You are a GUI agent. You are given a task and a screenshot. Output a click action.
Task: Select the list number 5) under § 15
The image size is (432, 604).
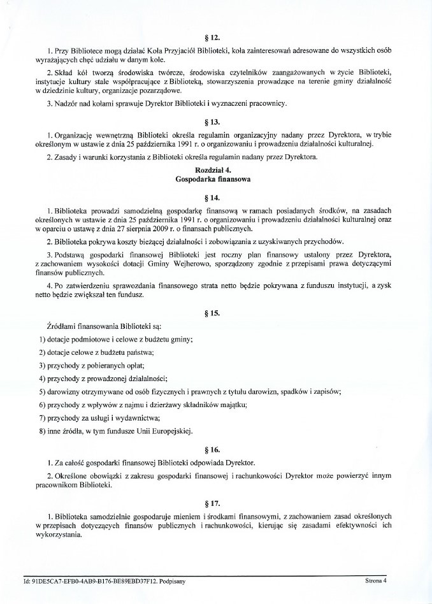pyautogui.click(x=43, y=392)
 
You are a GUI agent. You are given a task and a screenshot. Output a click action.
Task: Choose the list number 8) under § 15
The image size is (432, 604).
pyautogui.click(x=43, y=431)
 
